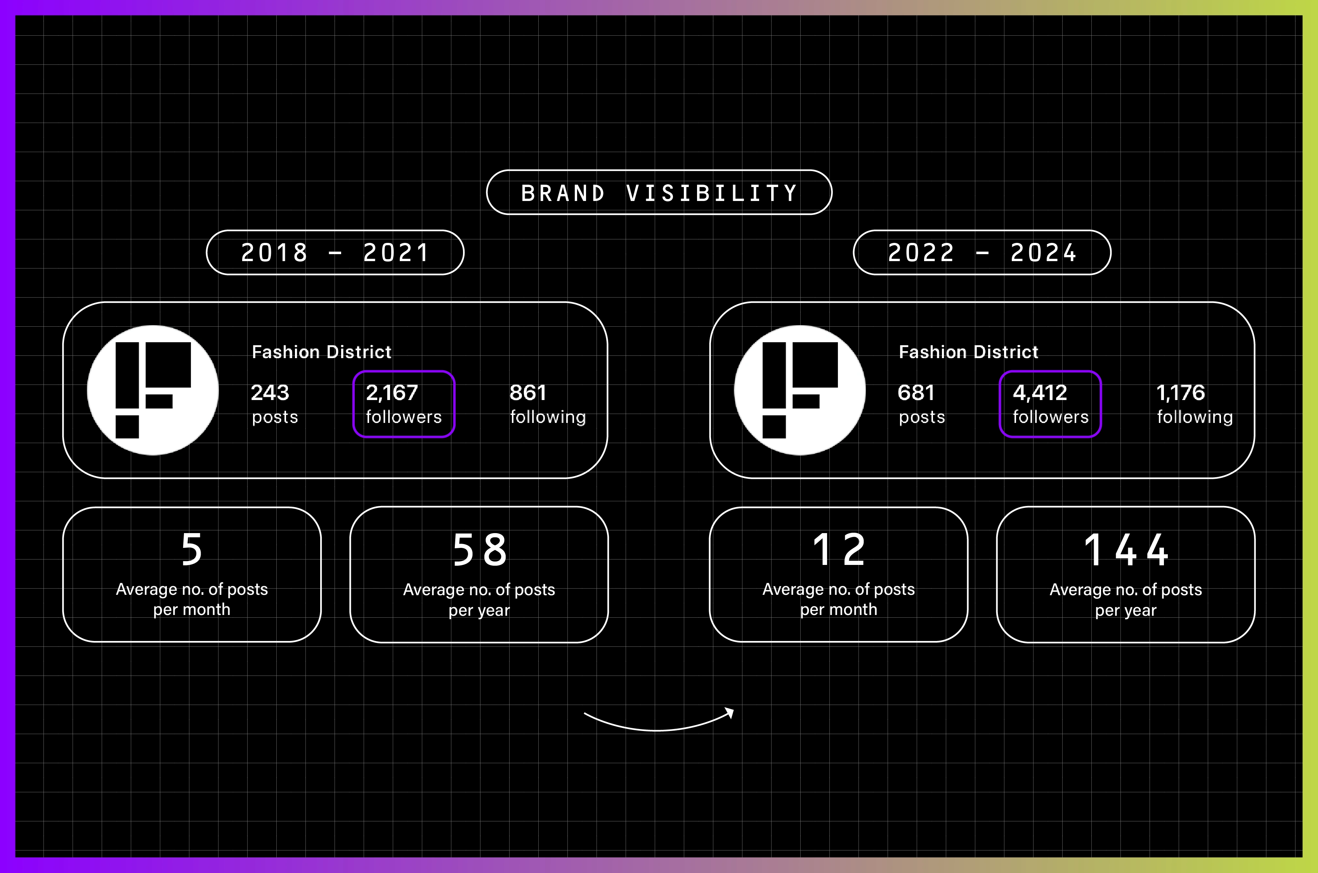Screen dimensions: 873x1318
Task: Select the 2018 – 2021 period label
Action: tap(335, 253)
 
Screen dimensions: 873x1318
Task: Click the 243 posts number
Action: tap(270, 393)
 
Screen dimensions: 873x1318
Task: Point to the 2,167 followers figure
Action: tap(392, 393)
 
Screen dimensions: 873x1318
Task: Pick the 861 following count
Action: tap(528, 393)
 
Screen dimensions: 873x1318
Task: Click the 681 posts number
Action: tap(916, 393)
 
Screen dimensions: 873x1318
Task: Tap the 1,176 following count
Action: tap(1181, 393)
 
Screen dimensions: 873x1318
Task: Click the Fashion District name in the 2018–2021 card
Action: tap(322, 352)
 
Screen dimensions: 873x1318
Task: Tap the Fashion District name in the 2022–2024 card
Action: tap(969, 352)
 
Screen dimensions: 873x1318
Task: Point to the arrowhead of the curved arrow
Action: tap(729, 713)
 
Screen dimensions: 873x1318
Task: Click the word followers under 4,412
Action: tap(1051, 417)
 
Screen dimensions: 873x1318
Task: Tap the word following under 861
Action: tap(548, 417)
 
